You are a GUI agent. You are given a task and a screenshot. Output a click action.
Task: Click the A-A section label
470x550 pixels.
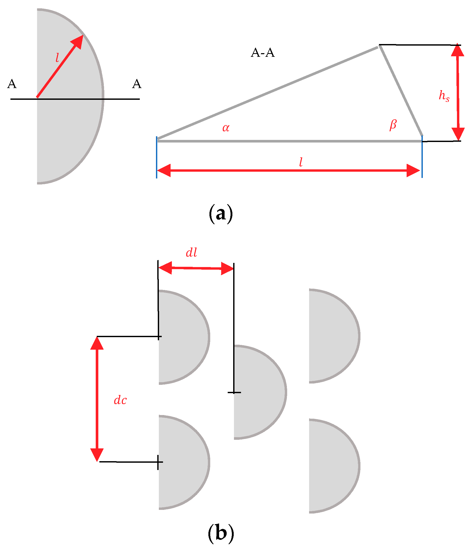262,53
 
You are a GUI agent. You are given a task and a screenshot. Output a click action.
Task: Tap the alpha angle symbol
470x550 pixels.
226,128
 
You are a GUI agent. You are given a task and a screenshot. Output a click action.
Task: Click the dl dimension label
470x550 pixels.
191,253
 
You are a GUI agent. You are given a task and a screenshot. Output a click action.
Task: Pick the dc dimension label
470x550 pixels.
120,400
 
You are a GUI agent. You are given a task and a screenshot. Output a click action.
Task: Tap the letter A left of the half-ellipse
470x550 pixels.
12,84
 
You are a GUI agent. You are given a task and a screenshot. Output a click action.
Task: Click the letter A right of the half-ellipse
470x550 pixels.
137,84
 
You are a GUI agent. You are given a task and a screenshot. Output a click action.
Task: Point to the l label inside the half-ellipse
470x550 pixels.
57,58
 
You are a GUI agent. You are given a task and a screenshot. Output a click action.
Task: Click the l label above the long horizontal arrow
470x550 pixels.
301,162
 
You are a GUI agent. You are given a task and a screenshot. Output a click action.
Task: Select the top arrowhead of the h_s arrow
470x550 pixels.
457,51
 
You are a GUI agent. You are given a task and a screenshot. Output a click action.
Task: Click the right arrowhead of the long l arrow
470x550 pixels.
413,170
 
